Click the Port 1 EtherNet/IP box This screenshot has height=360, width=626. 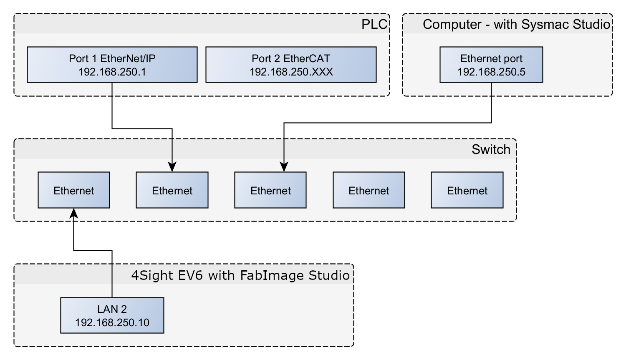(112, 65)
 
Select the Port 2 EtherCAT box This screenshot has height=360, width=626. (291, 65)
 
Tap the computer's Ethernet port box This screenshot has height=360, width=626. (491, 65)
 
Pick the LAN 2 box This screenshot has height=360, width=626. (112, 315)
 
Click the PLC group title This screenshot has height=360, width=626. (374, 24)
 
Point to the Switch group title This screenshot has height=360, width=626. (491, 149)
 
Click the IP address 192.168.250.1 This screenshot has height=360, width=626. (112, 72)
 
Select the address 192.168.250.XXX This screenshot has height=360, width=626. (291, 72)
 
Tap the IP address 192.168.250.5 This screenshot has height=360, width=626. (491, 72)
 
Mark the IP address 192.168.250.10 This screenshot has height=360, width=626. (112, 322)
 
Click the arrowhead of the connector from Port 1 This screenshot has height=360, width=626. (172, 167)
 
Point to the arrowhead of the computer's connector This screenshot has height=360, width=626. (284, 167)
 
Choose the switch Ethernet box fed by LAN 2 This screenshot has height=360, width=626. (74, 190)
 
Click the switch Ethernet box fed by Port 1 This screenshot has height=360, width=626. (172, 190)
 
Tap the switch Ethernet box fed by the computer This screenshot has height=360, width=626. (270, 190)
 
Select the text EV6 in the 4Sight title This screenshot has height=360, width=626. (190, 275)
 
